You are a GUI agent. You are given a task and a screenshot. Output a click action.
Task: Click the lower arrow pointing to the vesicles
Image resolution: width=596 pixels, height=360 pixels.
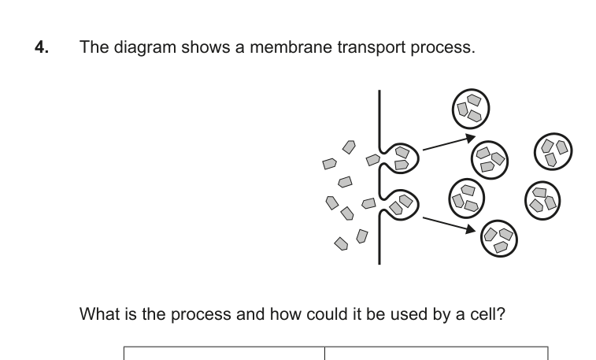(x=450, y=222)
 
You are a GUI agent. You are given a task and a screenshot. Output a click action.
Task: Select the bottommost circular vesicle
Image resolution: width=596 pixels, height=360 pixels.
(x=499, y=236)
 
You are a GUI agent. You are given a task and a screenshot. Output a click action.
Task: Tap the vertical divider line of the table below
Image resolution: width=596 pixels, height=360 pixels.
(x=325, y=353)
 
